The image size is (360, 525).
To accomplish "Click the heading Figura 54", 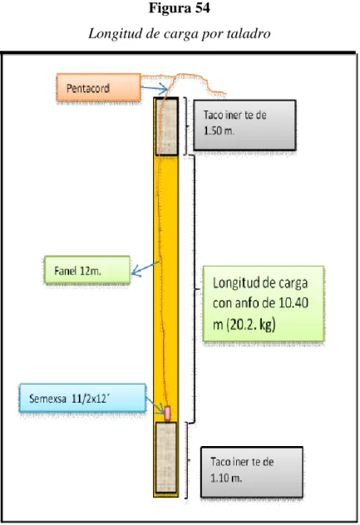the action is coord(180,8).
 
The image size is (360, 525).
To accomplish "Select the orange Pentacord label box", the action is coord(99,87).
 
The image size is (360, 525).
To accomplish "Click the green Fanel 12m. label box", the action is coord(87,270).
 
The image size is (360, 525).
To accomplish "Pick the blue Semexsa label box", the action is coord(83,398).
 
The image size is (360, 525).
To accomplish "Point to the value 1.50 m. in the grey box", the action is coord(219,130).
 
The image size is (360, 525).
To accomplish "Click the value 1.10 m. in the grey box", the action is coord(226,478).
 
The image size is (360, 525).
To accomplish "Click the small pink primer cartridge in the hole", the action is coord(167,413).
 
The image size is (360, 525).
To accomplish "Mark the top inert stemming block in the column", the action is coord(166,126).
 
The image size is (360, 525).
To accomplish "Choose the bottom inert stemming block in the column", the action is coord(166,458).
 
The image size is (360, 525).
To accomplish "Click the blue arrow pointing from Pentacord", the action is coord(154,88).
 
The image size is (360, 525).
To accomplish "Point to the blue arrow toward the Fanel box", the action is coord(145,268).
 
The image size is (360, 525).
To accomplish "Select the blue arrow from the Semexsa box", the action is coord(155,405).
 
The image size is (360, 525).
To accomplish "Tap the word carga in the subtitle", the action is coord(180,34).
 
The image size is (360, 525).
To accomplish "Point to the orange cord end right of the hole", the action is coord(225,93).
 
